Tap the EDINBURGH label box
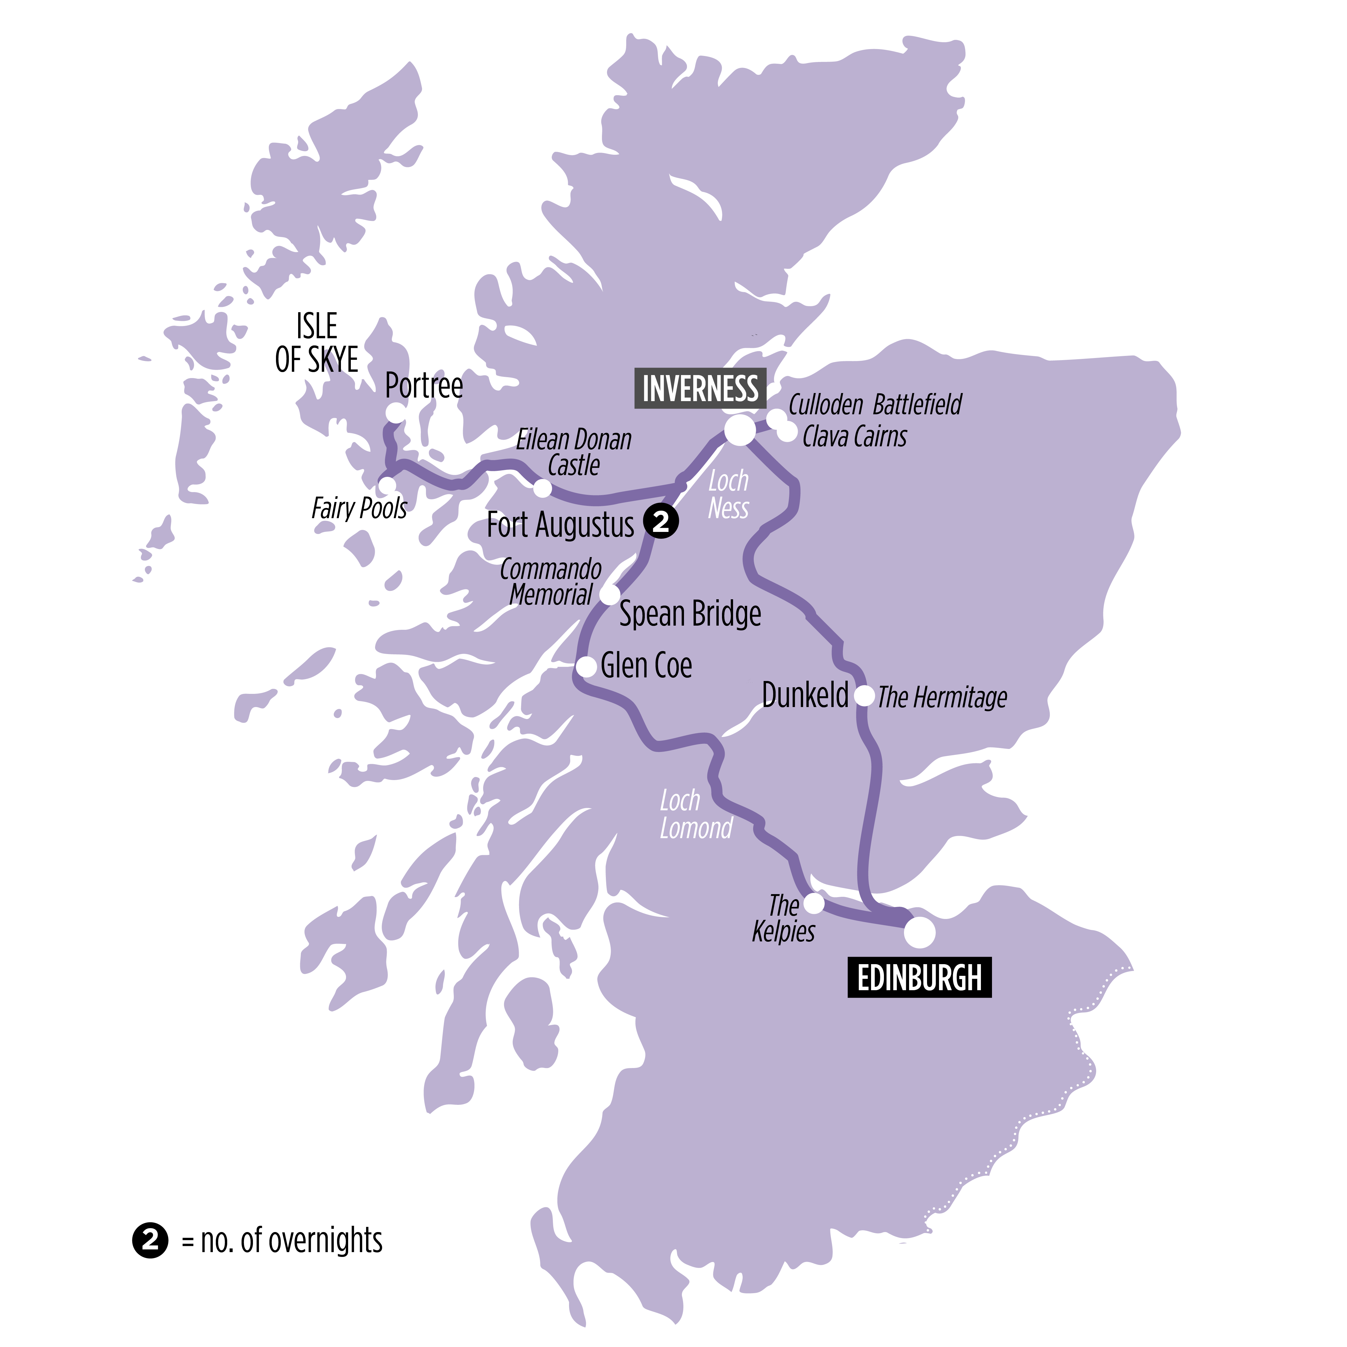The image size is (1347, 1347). tap(919, 978)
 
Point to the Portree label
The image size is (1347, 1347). tap(423, 386)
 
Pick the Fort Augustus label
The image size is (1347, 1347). tap(561, 525)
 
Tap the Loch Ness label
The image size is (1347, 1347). tap(728, 494)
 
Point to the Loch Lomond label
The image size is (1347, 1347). tap(695, 814)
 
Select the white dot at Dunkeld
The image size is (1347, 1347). tap(864, 696)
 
